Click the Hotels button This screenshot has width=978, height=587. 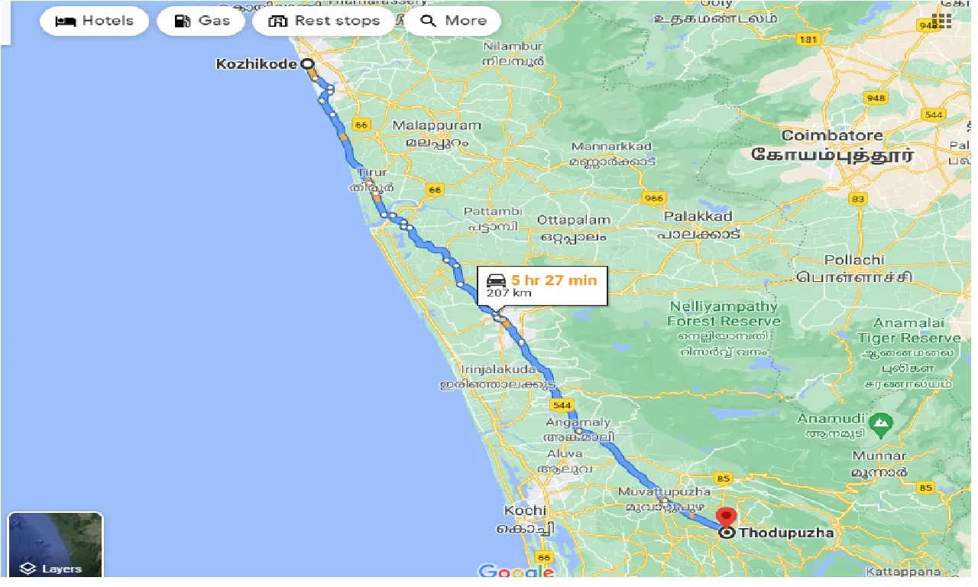[94, 21]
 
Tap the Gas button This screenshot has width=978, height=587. [201, 21]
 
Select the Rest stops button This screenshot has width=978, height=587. [323, 21]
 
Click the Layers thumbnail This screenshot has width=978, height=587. [55, 544]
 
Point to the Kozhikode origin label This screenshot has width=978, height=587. [257, 64]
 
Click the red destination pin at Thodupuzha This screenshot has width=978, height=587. [727, 517]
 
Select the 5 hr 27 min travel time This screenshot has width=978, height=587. [554, 280]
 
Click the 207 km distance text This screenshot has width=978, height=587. [508, 293]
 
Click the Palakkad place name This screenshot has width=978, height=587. [698, 216]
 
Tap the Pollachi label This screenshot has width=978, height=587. [853, 260]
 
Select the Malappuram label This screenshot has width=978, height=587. [436, 125]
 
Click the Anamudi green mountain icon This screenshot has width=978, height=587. [882, 421]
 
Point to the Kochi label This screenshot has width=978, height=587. [525, 511]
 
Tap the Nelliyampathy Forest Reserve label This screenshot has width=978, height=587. [723, 313]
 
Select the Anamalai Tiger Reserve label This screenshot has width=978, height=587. [908, 330]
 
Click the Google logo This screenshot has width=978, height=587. [516, 571]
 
